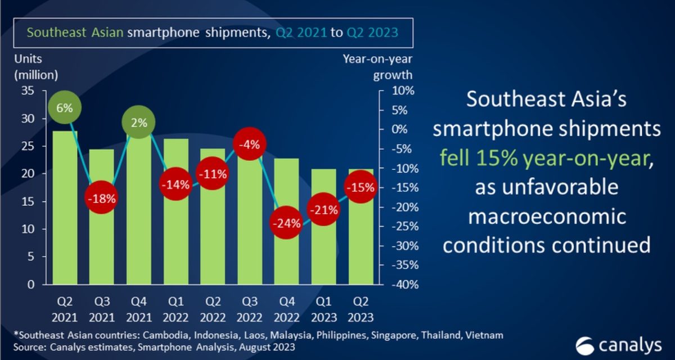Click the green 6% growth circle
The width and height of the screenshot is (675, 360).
pos(64,107)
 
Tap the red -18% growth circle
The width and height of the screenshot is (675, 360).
pos(101,198)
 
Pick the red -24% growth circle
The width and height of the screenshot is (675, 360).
pos(286,222)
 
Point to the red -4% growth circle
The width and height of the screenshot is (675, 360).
pos(249,145)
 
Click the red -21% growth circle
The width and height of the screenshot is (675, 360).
pos(323,210)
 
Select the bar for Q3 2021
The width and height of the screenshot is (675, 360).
pos(101,236)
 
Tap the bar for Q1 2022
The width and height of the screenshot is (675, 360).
pos(175,236)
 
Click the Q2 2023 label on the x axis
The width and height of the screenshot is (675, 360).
pos(360,310)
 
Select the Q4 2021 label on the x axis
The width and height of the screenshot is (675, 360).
pos(138,310)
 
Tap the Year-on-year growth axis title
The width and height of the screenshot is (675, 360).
pos(377,67)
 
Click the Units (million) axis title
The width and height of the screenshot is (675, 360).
pos(35,67)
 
